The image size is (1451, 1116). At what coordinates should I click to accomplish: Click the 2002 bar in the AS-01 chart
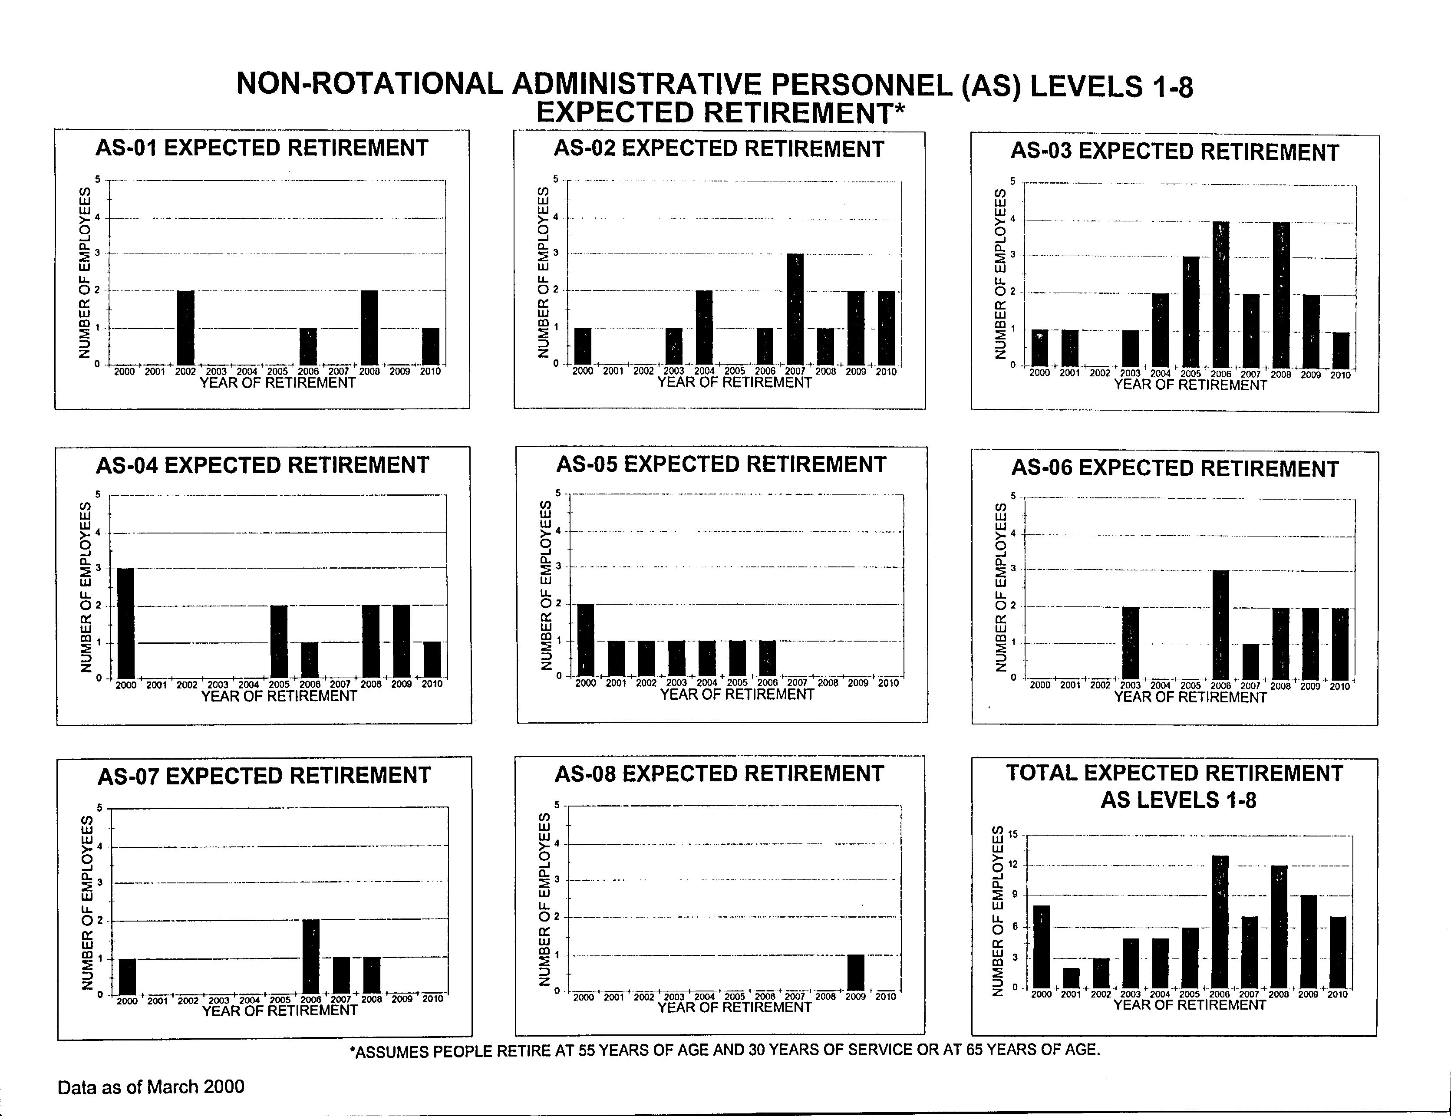(x=185, y=327)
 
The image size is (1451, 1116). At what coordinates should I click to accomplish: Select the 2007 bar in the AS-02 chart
(x=795, y=309)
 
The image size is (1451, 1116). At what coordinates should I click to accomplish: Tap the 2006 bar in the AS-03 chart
(x=1221, y=294)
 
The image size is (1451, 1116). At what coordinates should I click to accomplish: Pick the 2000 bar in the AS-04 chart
(x=125, y=623)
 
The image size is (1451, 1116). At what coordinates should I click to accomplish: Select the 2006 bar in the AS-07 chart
(x=311, y=957)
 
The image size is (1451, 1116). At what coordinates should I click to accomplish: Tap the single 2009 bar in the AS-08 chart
(x=856, y=972)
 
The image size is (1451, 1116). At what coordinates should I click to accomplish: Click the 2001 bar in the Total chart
(x=1071, y=978)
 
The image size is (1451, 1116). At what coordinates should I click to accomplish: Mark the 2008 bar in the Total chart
(x=1279, y=927)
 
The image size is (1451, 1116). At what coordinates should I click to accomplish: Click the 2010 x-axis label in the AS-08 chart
(x=886, y=997)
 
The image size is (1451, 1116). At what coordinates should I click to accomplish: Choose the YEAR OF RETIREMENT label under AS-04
(x=279, y=695)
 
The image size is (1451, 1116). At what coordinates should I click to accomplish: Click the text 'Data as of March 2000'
(x=151, y=1087)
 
